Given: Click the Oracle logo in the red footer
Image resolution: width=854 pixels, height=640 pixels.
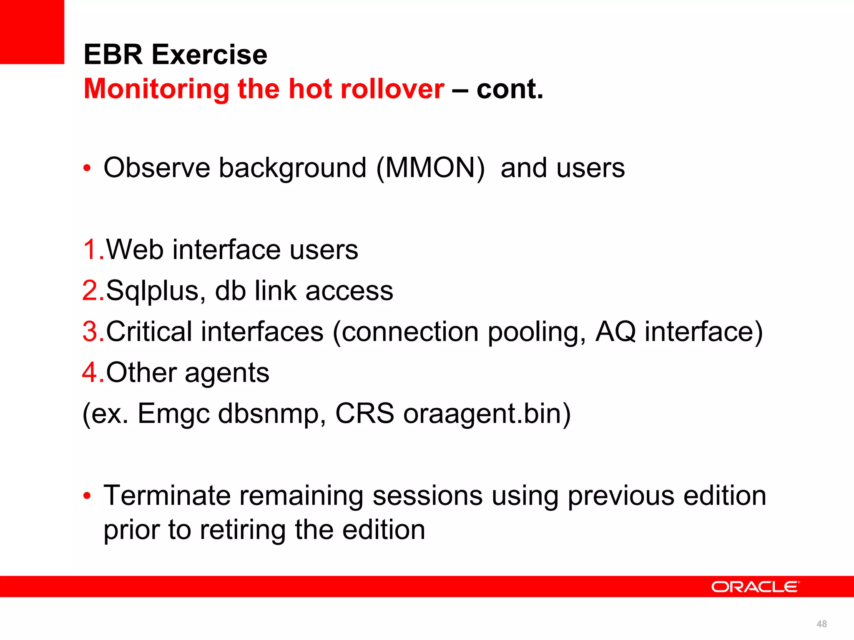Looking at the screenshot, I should click(x=755, y=587).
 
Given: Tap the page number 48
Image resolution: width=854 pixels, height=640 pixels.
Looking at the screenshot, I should click(x=821, y=624).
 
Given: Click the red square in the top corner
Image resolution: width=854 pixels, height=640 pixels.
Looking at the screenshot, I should click(x=32, y=32).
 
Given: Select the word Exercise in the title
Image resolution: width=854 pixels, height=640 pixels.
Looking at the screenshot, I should click(x=209, y=55).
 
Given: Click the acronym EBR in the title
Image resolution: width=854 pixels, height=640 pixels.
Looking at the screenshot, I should click(x=113, y=55).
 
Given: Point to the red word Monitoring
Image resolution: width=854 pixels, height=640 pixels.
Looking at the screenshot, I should click(x=156, y=89).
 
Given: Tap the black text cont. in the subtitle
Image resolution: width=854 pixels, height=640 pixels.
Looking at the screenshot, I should click(x=510, y=89).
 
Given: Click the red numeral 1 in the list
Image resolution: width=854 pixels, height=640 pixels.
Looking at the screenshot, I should click(x=90, y=250).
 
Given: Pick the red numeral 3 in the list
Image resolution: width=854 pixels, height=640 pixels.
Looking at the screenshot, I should click(x=90, y=332).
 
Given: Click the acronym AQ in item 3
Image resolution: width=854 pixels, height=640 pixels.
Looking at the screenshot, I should click(x=615, y=332).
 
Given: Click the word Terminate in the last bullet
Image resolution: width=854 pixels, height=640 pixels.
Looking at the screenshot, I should click(x=167, y=495).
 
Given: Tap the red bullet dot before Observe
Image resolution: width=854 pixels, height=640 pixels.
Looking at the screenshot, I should click(x=87, y=169).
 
